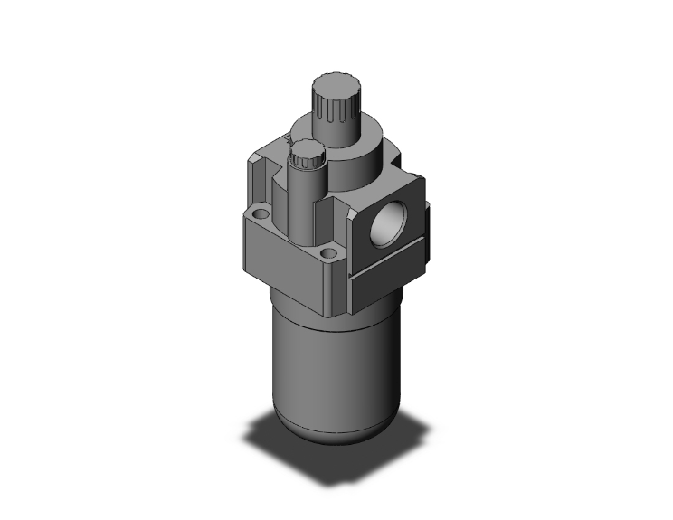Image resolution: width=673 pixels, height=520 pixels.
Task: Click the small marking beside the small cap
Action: tap(289, 142)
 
